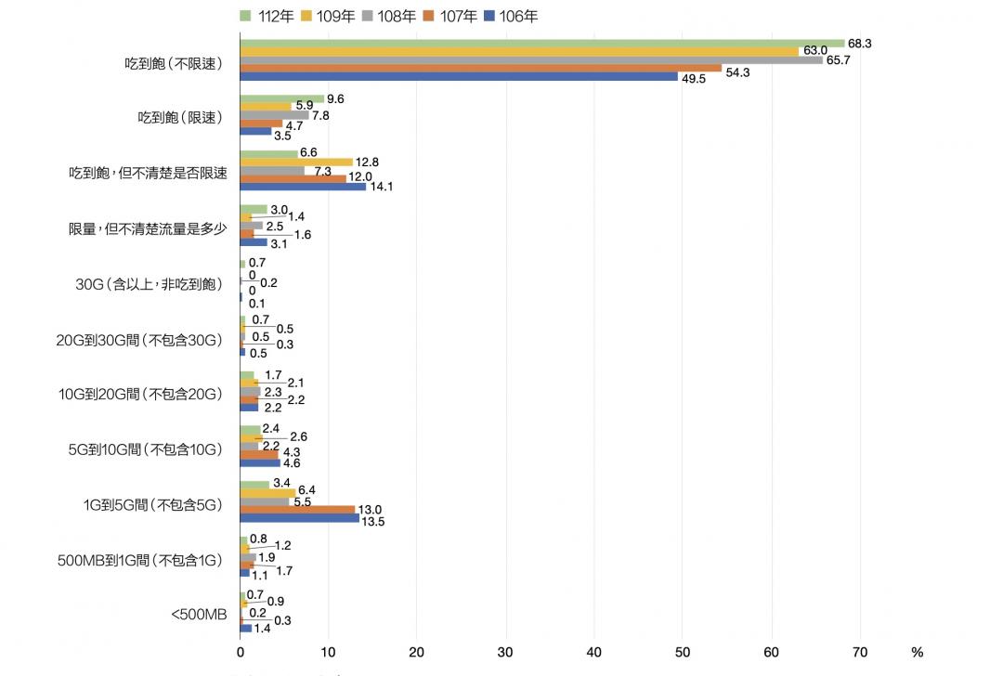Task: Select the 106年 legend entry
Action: point(511,15)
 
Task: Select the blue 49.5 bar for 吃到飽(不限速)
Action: point(459,77)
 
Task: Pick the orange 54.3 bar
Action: point(480,68)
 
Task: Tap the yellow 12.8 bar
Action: point(296,162)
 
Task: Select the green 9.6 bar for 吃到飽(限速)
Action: point(281,98)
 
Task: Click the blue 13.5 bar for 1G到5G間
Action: point(299,518)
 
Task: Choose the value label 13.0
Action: point(371,510)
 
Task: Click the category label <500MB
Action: point(199,613)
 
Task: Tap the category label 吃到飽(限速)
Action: point(180,117)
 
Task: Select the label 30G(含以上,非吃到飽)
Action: point(149,283)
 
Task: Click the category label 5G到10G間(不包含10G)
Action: point(146,449)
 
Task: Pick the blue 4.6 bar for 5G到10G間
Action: point(260,462)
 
